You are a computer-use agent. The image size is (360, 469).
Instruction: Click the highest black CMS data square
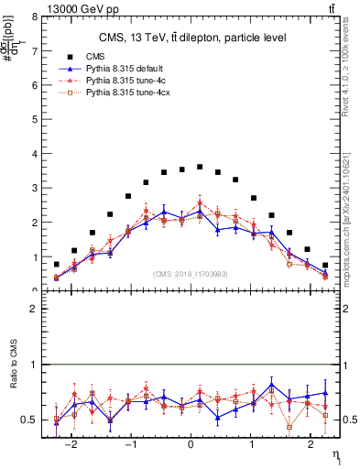click(x=200, y=167)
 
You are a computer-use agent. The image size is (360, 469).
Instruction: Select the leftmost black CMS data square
click(x=57, y=264)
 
